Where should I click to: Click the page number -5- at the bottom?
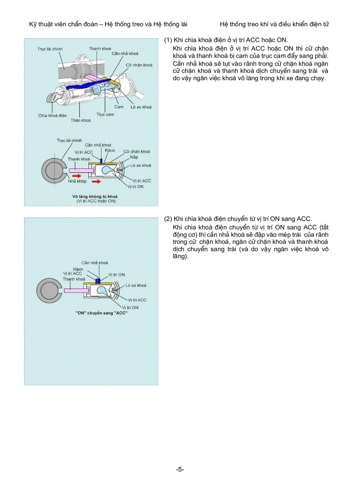[x=180, y=469]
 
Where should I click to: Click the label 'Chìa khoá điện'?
[x=52, y=115]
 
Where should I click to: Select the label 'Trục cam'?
[x=105, y=115]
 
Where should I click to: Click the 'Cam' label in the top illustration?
[x=119, y=107]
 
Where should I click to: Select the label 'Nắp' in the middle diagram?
[x=133, y=157]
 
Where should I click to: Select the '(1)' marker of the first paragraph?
[x=168, y=40]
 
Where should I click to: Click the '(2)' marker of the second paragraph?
[x=168, y=219]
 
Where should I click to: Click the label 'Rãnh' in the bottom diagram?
[x=78, y=269]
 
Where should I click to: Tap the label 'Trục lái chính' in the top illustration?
[x=49, y=49]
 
